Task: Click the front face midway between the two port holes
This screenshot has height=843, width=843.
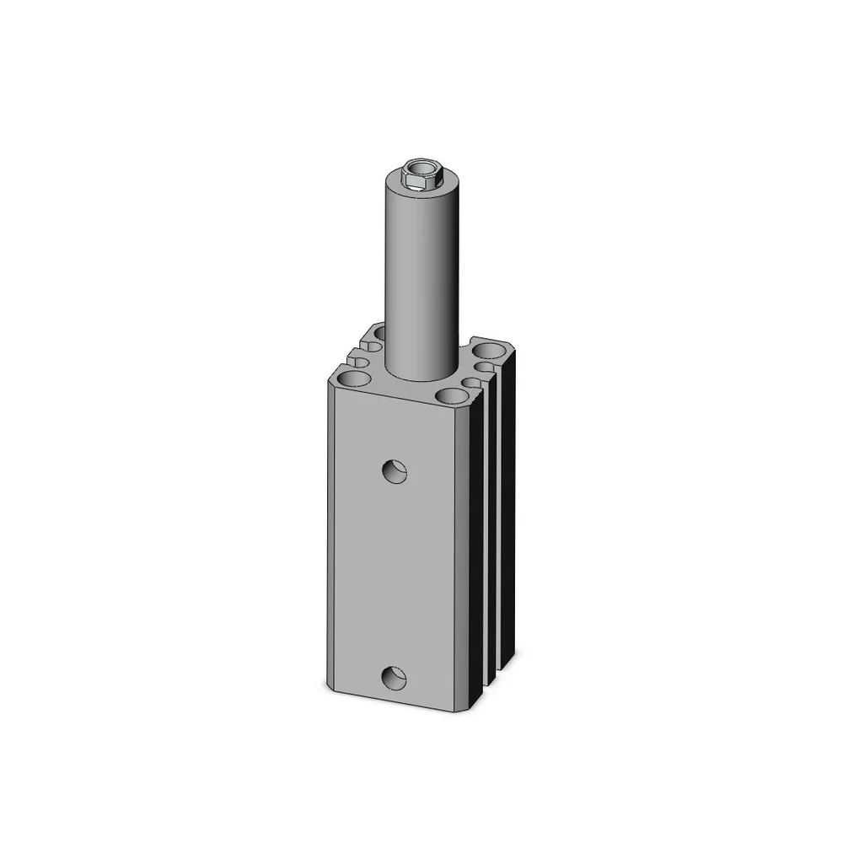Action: (x=396, y=573)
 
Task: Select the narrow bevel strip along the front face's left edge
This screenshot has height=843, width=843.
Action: (x=330, y=540)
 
